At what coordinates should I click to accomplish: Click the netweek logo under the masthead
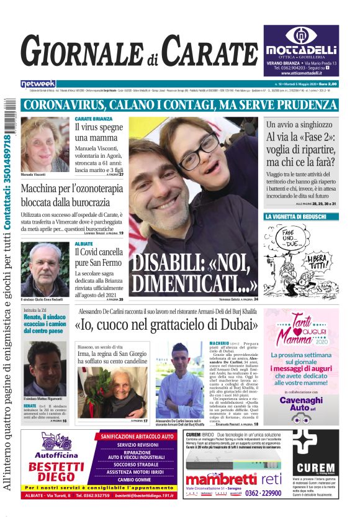pos(38,83)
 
